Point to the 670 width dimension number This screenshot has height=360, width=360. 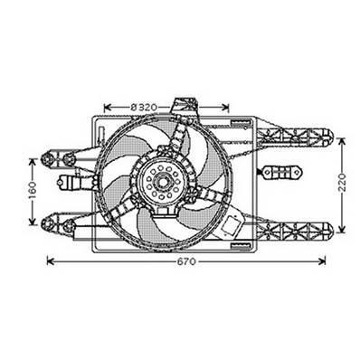tap(186, 262)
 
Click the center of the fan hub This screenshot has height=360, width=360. tap(165, 185)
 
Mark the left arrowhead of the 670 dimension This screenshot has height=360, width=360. tap(49, 262)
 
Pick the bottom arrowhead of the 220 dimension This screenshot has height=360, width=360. tap(341, 233)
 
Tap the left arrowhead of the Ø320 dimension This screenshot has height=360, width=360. tap(108, 108)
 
